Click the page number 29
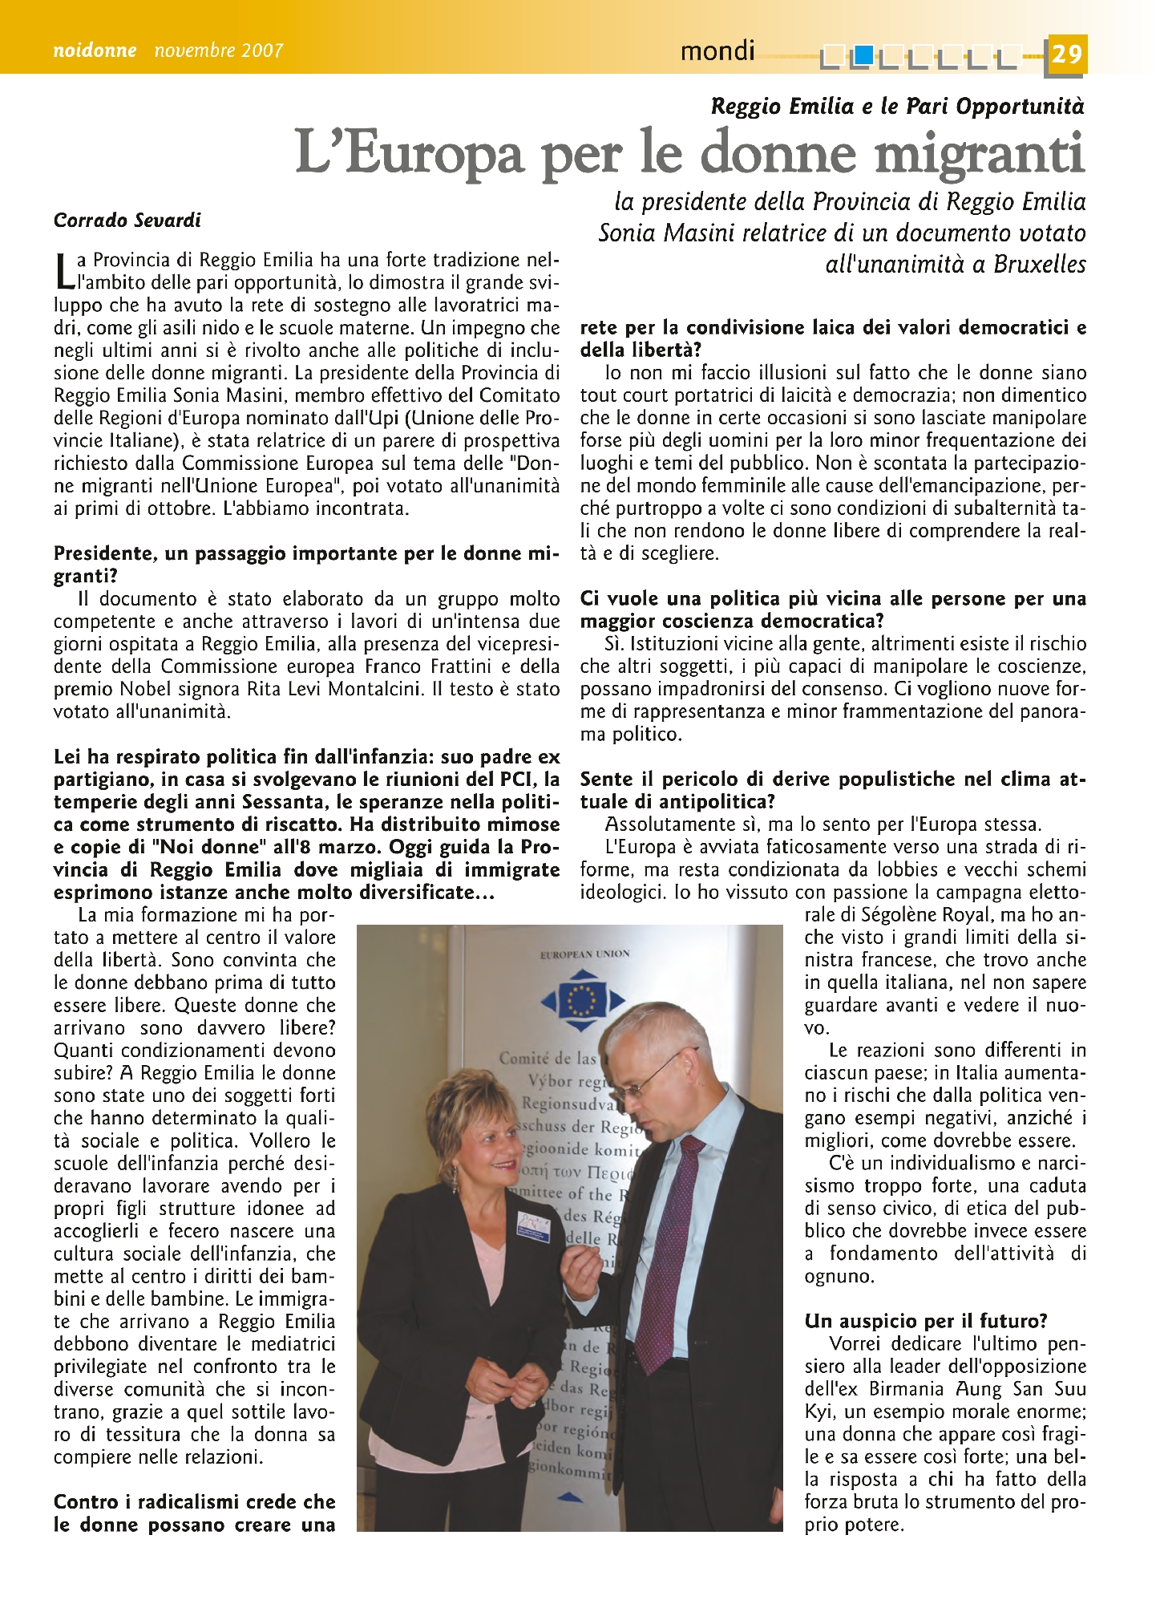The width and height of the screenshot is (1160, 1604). tap(1066, 54)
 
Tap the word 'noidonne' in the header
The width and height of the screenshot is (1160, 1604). tap(95, 51)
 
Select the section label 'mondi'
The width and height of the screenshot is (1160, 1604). tap(717, 51)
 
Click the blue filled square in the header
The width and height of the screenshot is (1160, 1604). tap(863, 55)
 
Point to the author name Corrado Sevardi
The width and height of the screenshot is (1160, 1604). tap(127, 221)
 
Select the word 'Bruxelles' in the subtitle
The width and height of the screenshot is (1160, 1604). tap(1039, 265)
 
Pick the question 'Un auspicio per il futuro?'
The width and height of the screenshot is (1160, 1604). tap(926, 1322)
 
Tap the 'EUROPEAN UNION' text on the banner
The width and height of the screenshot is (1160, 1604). tap(585, 954)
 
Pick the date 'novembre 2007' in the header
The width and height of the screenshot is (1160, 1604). tap(218, 51)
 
